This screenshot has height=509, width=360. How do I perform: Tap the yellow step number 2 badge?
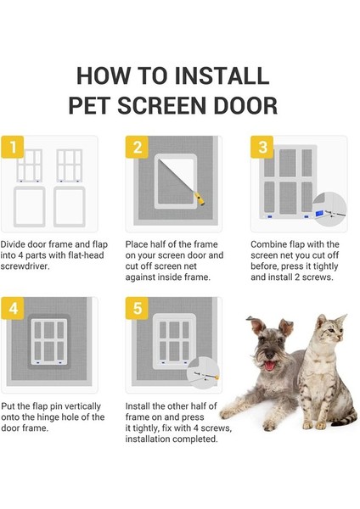[x=136, y=150]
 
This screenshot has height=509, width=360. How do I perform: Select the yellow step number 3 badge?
[x=260, y=150]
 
